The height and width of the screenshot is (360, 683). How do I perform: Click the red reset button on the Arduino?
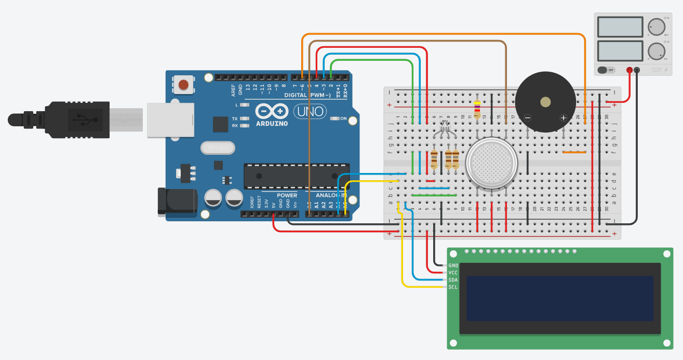183,84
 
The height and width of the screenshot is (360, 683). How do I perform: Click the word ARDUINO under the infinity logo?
272,124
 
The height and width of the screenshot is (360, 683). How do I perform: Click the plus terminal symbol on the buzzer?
563,118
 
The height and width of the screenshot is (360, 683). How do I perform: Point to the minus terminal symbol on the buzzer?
528,118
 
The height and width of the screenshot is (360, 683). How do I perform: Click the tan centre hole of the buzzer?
545,102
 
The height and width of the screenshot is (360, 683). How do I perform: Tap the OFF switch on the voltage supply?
606,70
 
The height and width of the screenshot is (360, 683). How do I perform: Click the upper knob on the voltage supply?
656,26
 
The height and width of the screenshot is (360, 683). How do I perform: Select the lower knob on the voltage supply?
656,51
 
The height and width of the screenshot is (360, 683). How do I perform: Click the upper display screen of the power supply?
620,26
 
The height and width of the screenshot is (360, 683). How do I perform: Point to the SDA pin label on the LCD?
453,279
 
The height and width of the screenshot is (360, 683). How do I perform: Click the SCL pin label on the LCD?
453,287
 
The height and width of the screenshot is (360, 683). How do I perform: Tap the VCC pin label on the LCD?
453,272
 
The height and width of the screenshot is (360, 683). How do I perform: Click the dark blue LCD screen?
560,298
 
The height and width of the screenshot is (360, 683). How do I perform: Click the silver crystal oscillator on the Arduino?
217,148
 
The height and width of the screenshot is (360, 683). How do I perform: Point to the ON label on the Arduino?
343,118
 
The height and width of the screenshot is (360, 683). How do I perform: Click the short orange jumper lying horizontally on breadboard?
574,152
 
